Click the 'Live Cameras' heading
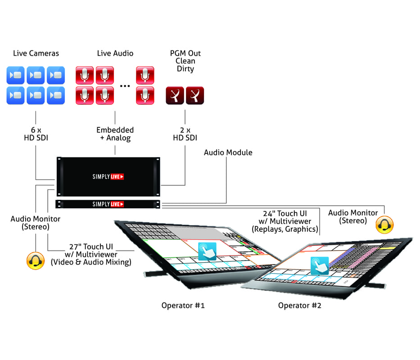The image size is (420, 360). coord(36,54)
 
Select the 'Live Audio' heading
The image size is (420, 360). coord(115,54)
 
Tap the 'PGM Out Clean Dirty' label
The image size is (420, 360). coord(185,61)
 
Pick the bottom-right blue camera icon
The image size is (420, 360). coord(56,95)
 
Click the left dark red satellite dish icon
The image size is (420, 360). coord(175,95)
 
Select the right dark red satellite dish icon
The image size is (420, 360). coord(195,95)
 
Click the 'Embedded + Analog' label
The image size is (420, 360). coord(115,134)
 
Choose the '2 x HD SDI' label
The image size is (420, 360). coord(185,134)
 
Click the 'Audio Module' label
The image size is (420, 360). coord(228,153)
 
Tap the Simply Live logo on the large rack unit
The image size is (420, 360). coord(108,177)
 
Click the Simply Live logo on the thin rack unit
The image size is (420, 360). coord(108,204)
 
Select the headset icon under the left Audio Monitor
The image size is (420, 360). coord(36,261)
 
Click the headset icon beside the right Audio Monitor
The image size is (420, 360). coord(384,225)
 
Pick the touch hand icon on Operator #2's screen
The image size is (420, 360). coord(319,265)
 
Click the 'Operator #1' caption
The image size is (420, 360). coord(183,306)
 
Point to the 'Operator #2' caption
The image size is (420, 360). coord(300,306)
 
